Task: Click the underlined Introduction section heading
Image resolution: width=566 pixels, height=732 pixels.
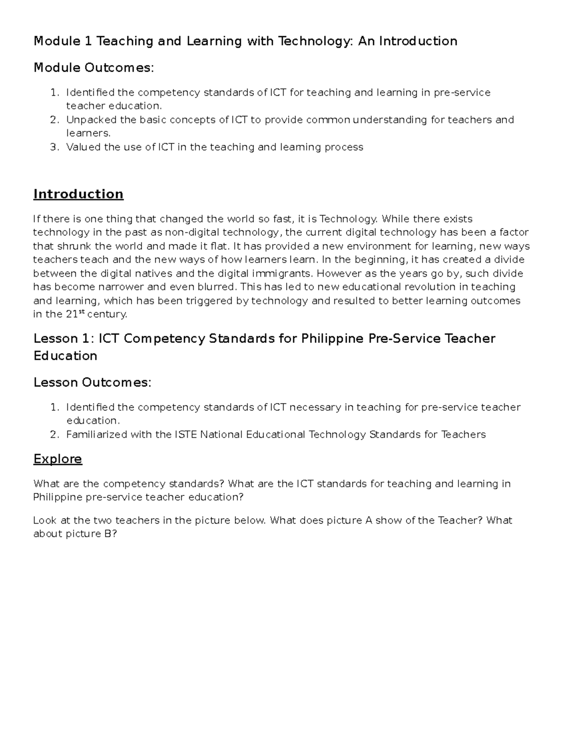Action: pyautogui.click(x=78, y=194)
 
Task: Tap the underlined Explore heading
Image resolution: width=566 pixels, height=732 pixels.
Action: pyautogui.click(x=58, y=459)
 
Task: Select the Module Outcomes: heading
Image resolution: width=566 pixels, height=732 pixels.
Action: pyautogui.click(x=93, y=68)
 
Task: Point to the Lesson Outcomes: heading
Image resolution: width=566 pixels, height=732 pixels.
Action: pyautogui.click(x=92, y=382)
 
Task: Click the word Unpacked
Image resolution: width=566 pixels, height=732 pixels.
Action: pyautogui.click(x=91, y=120)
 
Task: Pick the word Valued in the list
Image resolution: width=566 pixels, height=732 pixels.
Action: pyautogui.click(x=83, y=147)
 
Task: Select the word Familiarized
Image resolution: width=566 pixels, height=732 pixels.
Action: pyautogui.click(x=97, y=435)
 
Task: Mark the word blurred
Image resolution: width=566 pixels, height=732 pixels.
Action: pyautogui.click(x=218, y=287)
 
